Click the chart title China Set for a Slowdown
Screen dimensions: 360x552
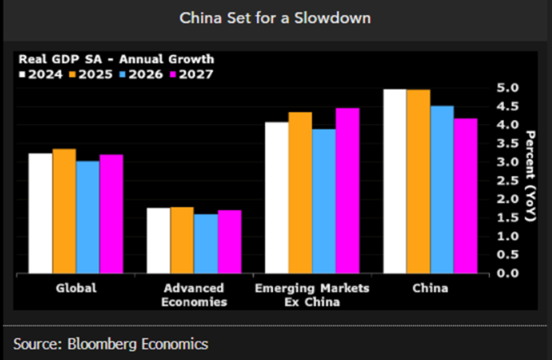pos(275,18)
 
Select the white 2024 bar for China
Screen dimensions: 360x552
pos(394,182)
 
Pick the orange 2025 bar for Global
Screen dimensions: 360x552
pos(64,211)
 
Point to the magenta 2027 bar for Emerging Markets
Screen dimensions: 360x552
pos(347,191)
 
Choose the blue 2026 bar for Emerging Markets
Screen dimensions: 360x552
pos(324,202)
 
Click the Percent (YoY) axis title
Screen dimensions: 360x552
pos(529,176)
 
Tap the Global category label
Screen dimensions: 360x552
pos(76,289)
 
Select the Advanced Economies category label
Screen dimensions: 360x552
pos(194,295)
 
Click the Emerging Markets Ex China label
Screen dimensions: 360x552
pos(311,295)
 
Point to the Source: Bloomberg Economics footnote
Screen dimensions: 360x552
pos(110,344)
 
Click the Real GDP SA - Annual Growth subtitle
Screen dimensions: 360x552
pos(116,59)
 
